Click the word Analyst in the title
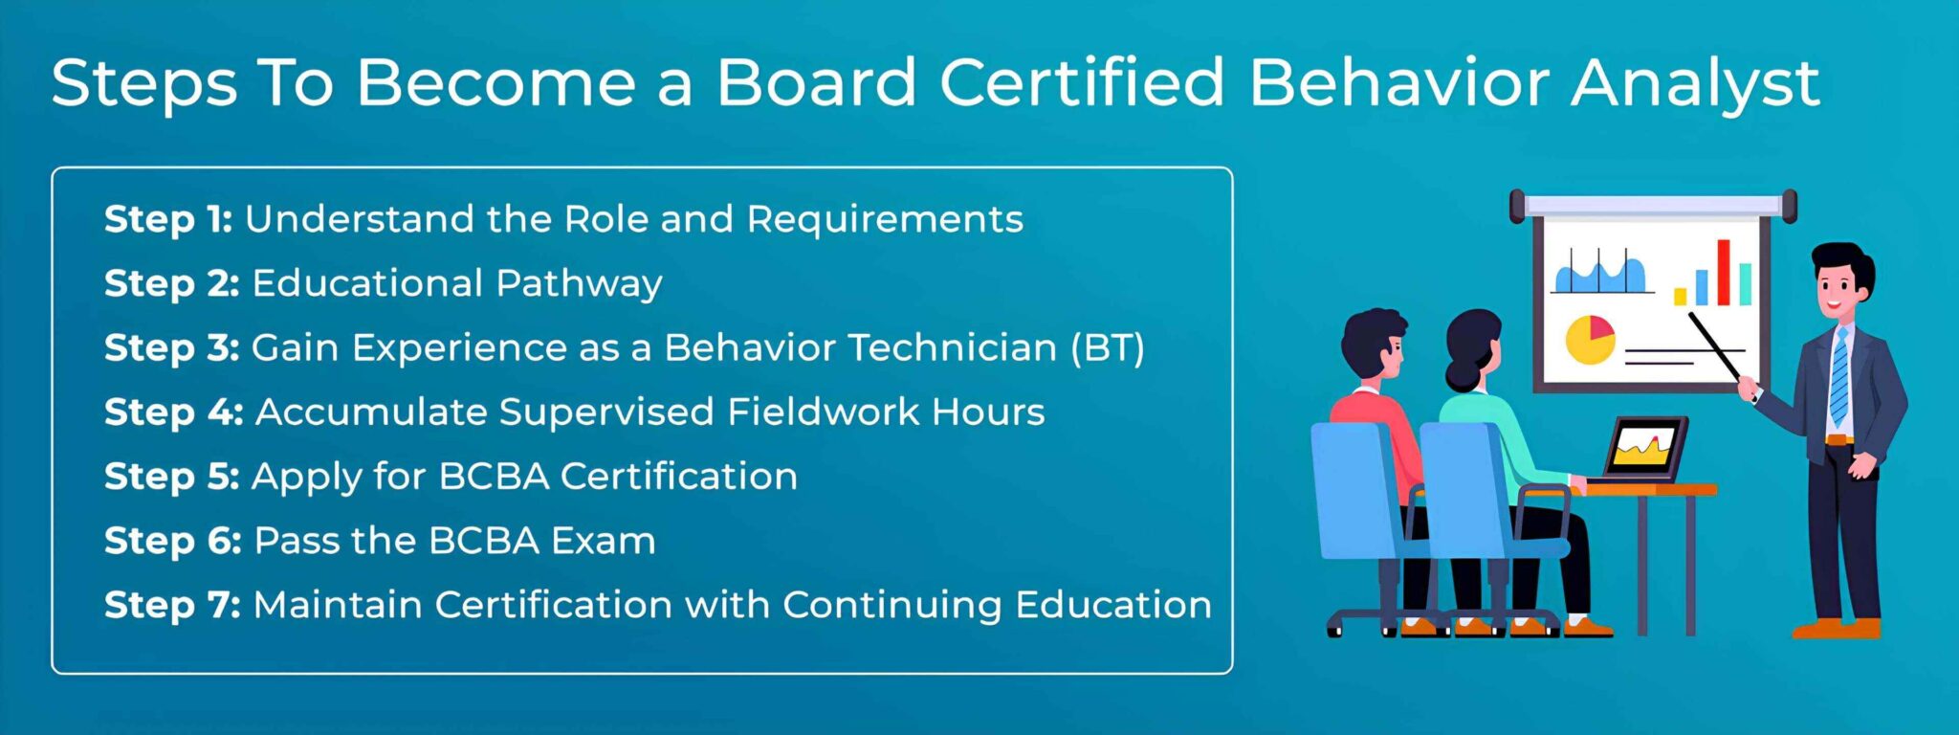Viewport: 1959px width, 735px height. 1695,84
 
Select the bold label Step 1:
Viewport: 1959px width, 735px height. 168,220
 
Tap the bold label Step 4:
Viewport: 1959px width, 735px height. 174,412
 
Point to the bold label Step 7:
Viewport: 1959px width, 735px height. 172,605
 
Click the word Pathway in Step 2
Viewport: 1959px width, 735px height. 579,285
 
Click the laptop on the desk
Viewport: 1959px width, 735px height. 1643,449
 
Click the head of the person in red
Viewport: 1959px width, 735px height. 1376,346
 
